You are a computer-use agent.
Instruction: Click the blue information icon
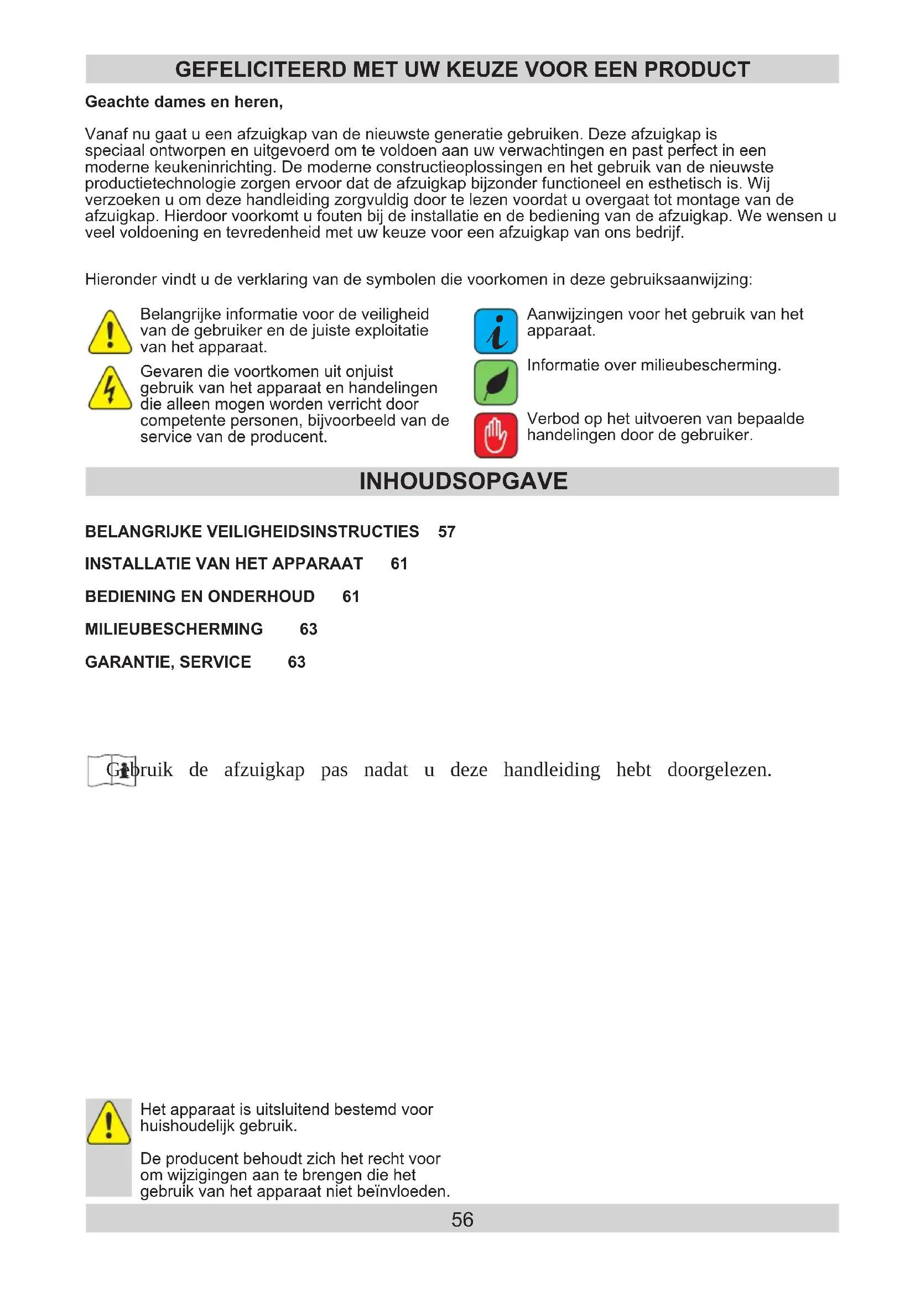[495, 331]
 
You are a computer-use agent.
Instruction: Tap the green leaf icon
[495, 383]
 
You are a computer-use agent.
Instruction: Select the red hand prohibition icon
[495, 435]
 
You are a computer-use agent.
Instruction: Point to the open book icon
[112, 770]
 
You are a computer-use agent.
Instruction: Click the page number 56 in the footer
[462, 1219]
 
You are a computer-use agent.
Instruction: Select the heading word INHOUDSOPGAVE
[463, 481]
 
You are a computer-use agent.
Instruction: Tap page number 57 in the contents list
[446, 532]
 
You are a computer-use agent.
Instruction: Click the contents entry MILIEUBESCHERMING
[174, 629]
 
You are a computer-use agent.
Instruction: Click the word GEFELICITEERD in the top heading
[261, 69]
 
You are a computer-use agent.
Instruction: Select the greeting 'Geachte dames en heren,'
[184, 102]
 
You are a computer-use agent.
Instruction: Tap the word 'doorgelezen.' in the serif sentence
[719, 770]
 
